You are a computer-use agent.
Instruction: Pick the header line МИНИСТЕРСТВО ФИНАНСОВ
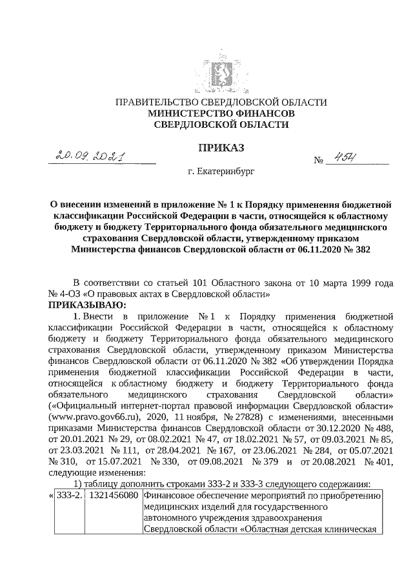221,114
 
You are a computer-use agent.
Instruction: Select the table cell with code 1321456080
114,496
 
